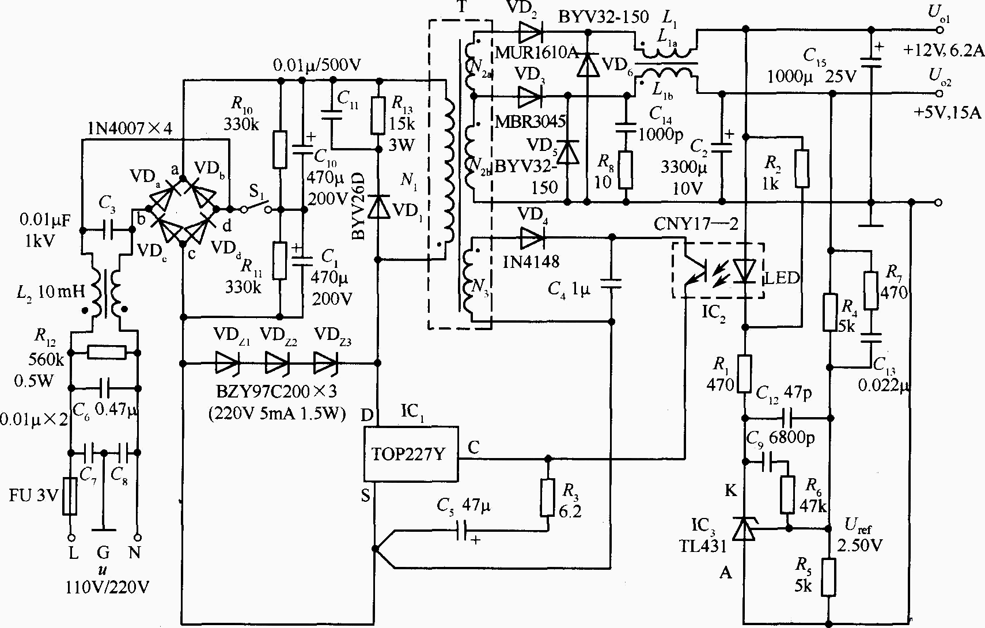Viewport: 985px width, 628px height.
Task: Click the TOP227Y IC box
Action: [411, 454]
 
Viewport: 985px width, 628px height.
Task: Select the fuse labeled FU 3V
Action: [70, 496]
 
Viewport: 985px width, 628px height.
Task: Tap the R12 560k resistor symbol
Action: [107, 352]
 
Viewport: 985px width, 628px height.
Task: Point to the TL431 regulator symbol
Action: [744, 528]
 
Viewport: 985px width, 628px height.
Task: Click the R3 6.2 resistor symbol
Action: [547, 497]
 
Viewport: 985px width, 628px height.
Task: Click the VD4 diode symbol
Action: [532, 238]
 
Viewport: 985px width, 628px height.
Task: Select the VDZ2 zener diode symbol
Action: [278, 363]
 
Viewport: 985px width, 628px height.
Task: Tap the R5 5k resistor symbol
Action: [828, 577]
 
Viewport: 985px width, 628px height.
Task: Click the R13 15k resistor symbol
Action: [378, 115]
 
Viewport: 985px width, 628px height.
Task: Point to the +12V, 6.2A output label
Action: [943, 51]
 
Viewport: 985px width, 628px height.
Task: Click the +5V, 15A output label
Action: [947, 112]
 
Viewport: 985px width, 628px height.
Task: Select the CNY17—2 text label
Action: [696, 224]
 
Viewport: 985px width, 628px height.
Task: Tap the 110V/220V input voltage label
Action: [107, 587]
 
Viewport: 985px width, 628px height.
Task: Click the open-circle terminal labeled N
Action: [137, 537]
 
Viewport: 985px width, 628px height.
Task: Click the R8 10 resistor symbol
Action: [626, 171]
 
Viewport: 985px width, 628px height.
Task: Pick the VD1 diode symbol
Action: [378, 207]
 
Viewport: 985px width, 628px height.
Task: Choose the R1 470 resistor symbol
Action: [744, 374]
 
